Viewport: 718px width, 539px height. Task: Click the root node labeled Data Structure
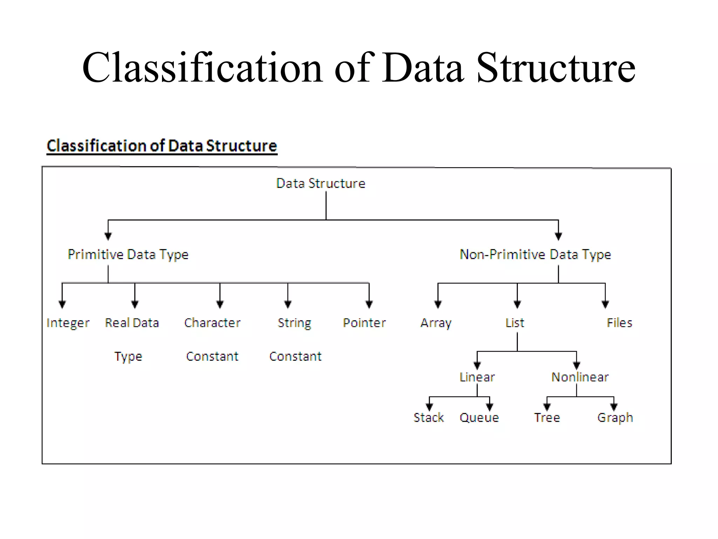(320, 184)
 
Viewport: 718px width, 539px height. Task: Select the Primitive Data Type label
(128, 254)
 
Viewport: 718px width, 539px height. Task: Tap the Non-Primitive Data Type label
(535, 254)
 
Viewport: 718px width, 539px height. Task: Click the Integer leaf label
(68, 323)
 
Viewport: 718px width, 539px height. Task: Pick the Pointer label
(364, 323)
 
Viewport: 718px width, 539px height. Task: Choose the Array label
(436, 323)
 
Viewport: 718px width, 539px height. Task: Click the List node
(515, 323)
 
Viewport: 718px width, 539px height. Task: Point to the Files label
(619, 323)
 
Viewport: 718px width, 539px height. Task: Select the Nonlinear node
(580, 377)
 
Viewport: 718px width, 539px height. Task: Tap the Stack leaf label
(428, 418)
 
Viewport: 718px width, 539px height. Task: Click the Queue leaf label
(479, 418)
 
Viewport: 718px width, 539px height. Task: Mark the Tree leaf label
(547, 418)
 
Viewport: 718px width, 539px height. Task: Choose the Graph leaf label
(615, 418)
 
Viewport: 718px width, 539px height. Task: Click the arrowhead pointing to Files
(605, 304)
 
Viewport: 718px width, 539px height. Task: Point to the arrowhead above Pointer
(369, 304)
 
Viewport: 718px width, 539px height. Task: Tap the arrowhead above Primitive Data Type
(108, 236)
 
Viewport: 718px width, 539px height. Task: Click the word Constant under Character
(212, 357)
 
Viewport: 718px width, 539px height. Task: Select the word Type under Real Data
(128, 357)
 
